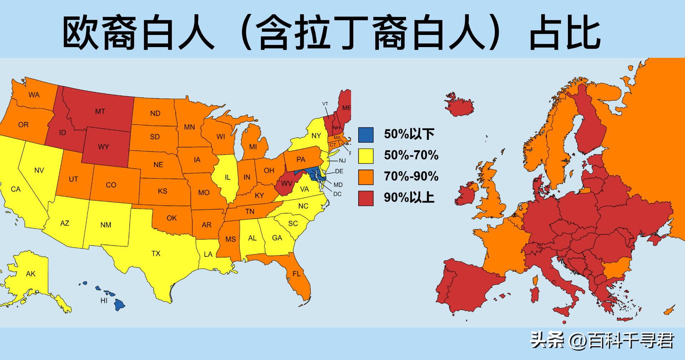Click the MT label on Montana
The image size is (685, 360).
point(100,112)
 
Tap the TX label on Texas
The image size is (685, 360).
point(156,254)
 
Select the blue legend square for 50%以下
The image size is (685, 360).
point(366,135)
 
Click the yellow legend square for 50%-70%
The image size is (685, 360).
point(366,156)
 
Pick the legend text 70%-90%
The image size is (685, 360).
point(411,177)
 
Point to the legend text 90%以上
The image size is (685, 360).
point(409,198)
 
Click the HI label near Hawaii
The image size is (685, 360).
point(104,301)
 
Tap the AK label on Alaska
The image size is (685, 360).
point(31,274)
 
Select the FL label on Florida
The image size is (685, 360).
point(296,274)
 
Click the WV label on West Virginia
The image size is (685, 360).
point(286,184)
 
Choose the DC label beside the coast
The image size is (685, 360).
point(337,194)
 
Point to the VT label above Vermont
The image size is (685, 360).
point(325,104)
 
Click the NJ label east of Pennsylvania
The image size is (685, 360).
point(342,161)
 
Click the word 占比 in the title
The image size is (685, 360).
point(565,34)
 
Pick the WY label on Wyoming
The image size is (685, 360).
point(103,147)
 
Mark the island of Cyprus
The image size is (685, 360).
point(669,310)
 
